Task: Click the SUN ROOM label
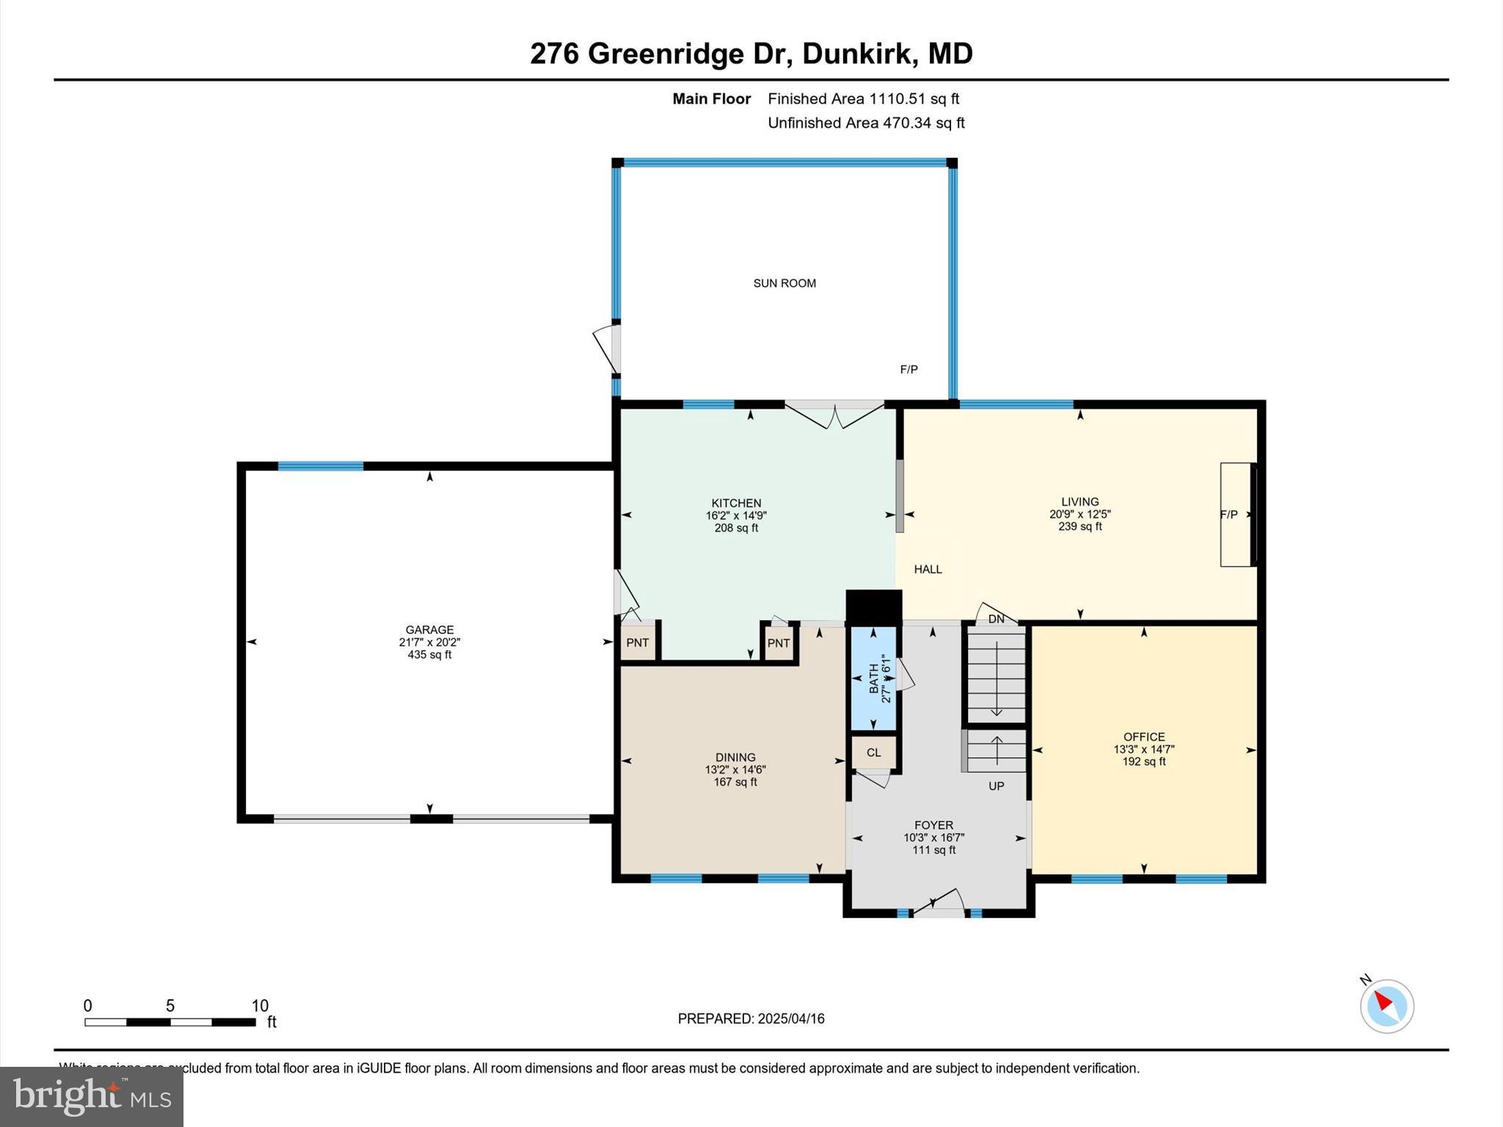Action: [x=785, y=283]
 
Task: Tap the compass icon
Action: [x=1386, y=1006]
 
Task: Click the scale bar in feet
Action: [x=170, y=1021]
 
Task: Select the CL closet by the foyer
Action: [x=873, y=753]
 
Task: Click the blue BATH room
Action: [x=873, y=678]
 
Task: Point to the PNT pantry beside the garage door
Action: [x=637, y=643]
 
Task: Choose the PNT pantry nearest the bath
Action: [x=779, y=643]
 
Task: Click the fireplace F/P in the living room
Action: [x=1237, y=514]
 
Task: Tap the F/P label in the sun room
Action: [x=909, y=370]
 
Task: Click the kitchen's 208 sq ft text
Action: [x=736, y=528]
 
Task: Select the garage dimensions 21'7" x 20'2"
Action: [x=429, y=642]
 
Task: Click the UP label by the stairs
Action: [x=996, y=786]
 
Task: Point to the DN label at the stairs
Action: [x=996, y=619]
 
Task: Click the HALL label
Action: [x=928, y=569]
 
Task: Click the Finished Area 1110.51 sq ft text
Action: [x=863, y=99]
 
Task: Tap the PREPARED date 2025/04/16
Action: [x=751, y=1018]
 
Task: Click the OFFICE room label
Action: [x=1143, y=737]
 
